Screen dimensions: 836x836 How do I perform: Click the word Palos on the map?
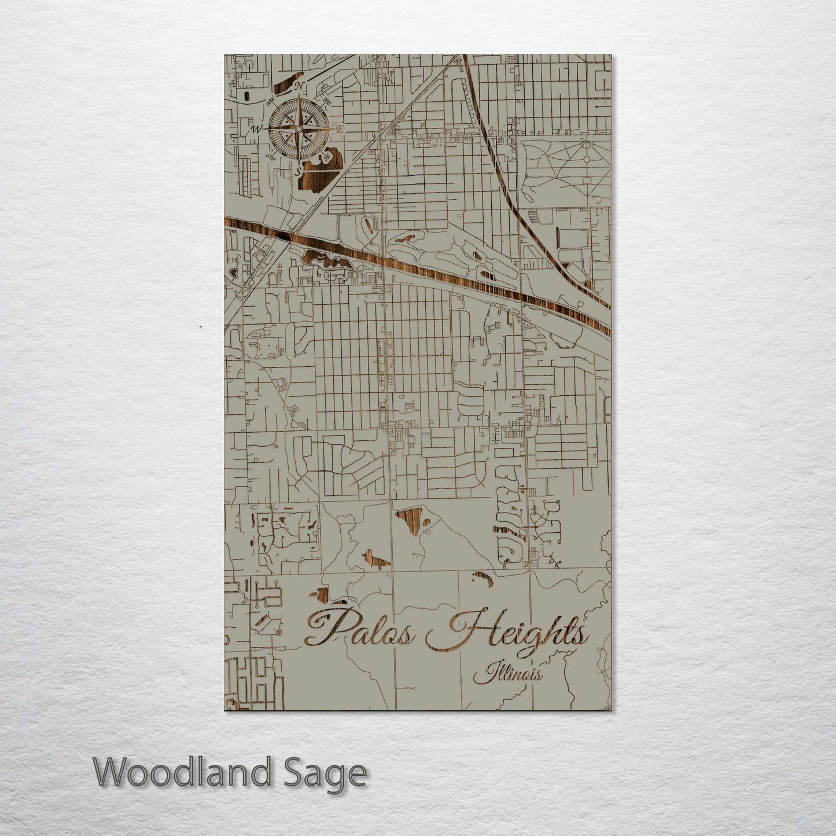click(x=360, y=629)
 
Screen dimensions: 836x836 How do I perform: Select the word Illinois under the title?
click(x=509, y=675)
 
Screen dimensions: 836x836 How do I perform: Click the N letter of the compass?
click(x=299, y=87)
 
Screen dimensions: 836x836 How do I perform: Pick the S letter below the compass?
click(x=298, y=171)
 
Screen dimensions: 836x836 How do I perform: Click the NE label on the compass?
click(x=327, y=102)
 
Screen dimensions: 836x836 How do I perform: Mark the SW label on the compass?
click(x=270, y=156)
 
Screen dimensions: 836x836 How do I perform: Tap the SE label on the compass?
click(x=327, y=155)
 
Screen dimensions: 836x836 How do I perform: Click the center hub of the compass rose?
click(x=299, y=128)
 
